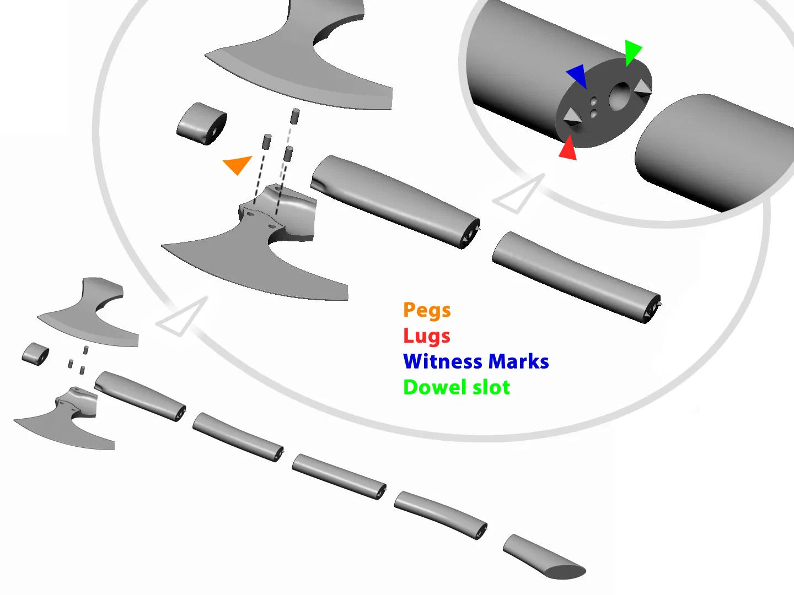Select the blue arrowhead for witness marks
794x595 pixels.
(x=577, y=75)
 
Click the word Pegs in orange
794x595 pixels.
(x=427, y=311)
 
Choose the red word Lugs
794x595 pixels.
(x=426, y=336)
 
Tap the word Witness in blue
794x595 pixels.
(x=443, y=362)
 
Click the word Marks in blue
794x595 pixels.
(x=518, y=362)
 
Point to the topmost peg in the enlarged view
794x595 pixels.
(x=296, y=116)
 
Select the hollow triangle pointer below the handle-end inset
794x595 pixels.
(x=518, y=193)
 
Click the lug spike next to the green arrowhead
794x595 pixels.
(x=642, y=87)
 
